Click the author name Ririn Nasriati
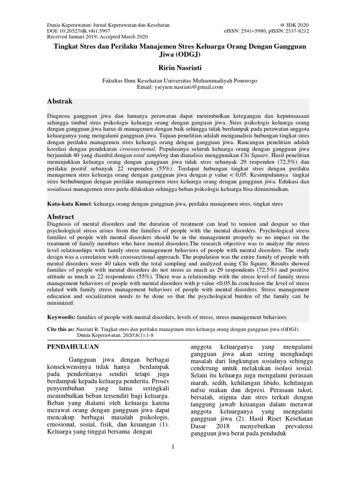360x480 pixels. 180,68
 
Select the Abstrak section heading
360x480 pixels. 60,101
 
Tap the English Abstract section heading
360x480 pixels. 61,217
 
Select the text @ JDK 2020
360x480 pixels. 294,25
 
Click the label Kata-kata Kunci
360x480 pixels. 69,205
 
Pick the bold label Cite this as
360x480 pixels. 63,330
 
